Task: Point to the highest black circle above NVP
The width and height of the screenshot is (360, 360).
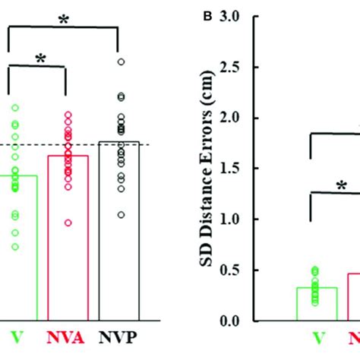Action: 119,62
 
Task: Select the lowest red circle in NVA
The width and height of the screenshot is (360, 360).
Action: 68,223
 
